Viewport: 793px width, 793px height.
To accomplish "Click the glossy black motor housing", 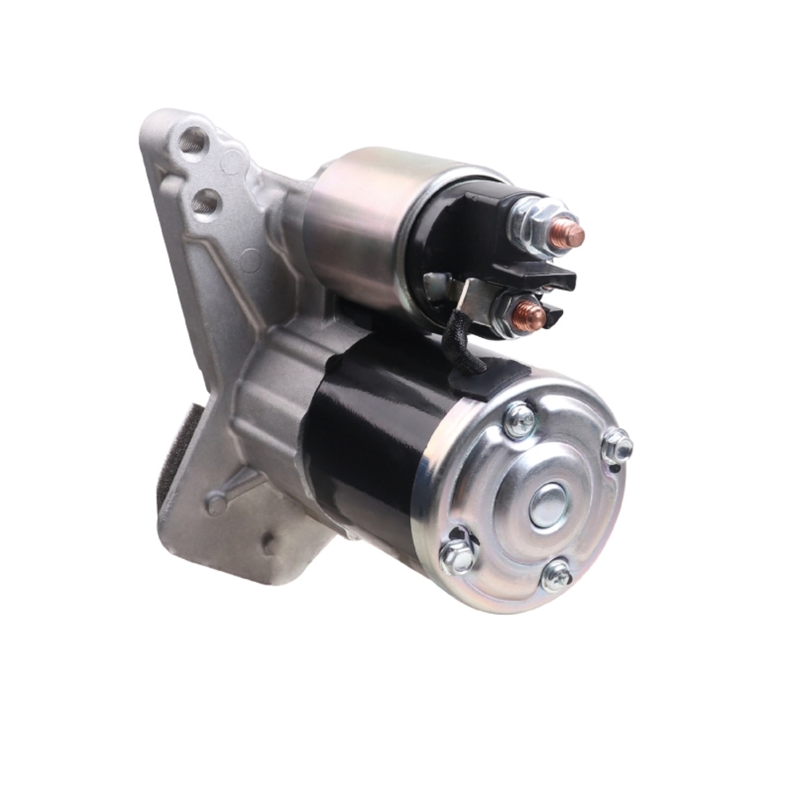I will tap(373, 444).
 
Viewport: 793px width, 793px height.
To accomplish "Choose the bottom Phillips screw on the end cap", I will tap(557, 575).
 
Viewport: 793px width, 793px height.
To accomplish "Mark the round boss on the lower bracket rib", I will tap(216, 503).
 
